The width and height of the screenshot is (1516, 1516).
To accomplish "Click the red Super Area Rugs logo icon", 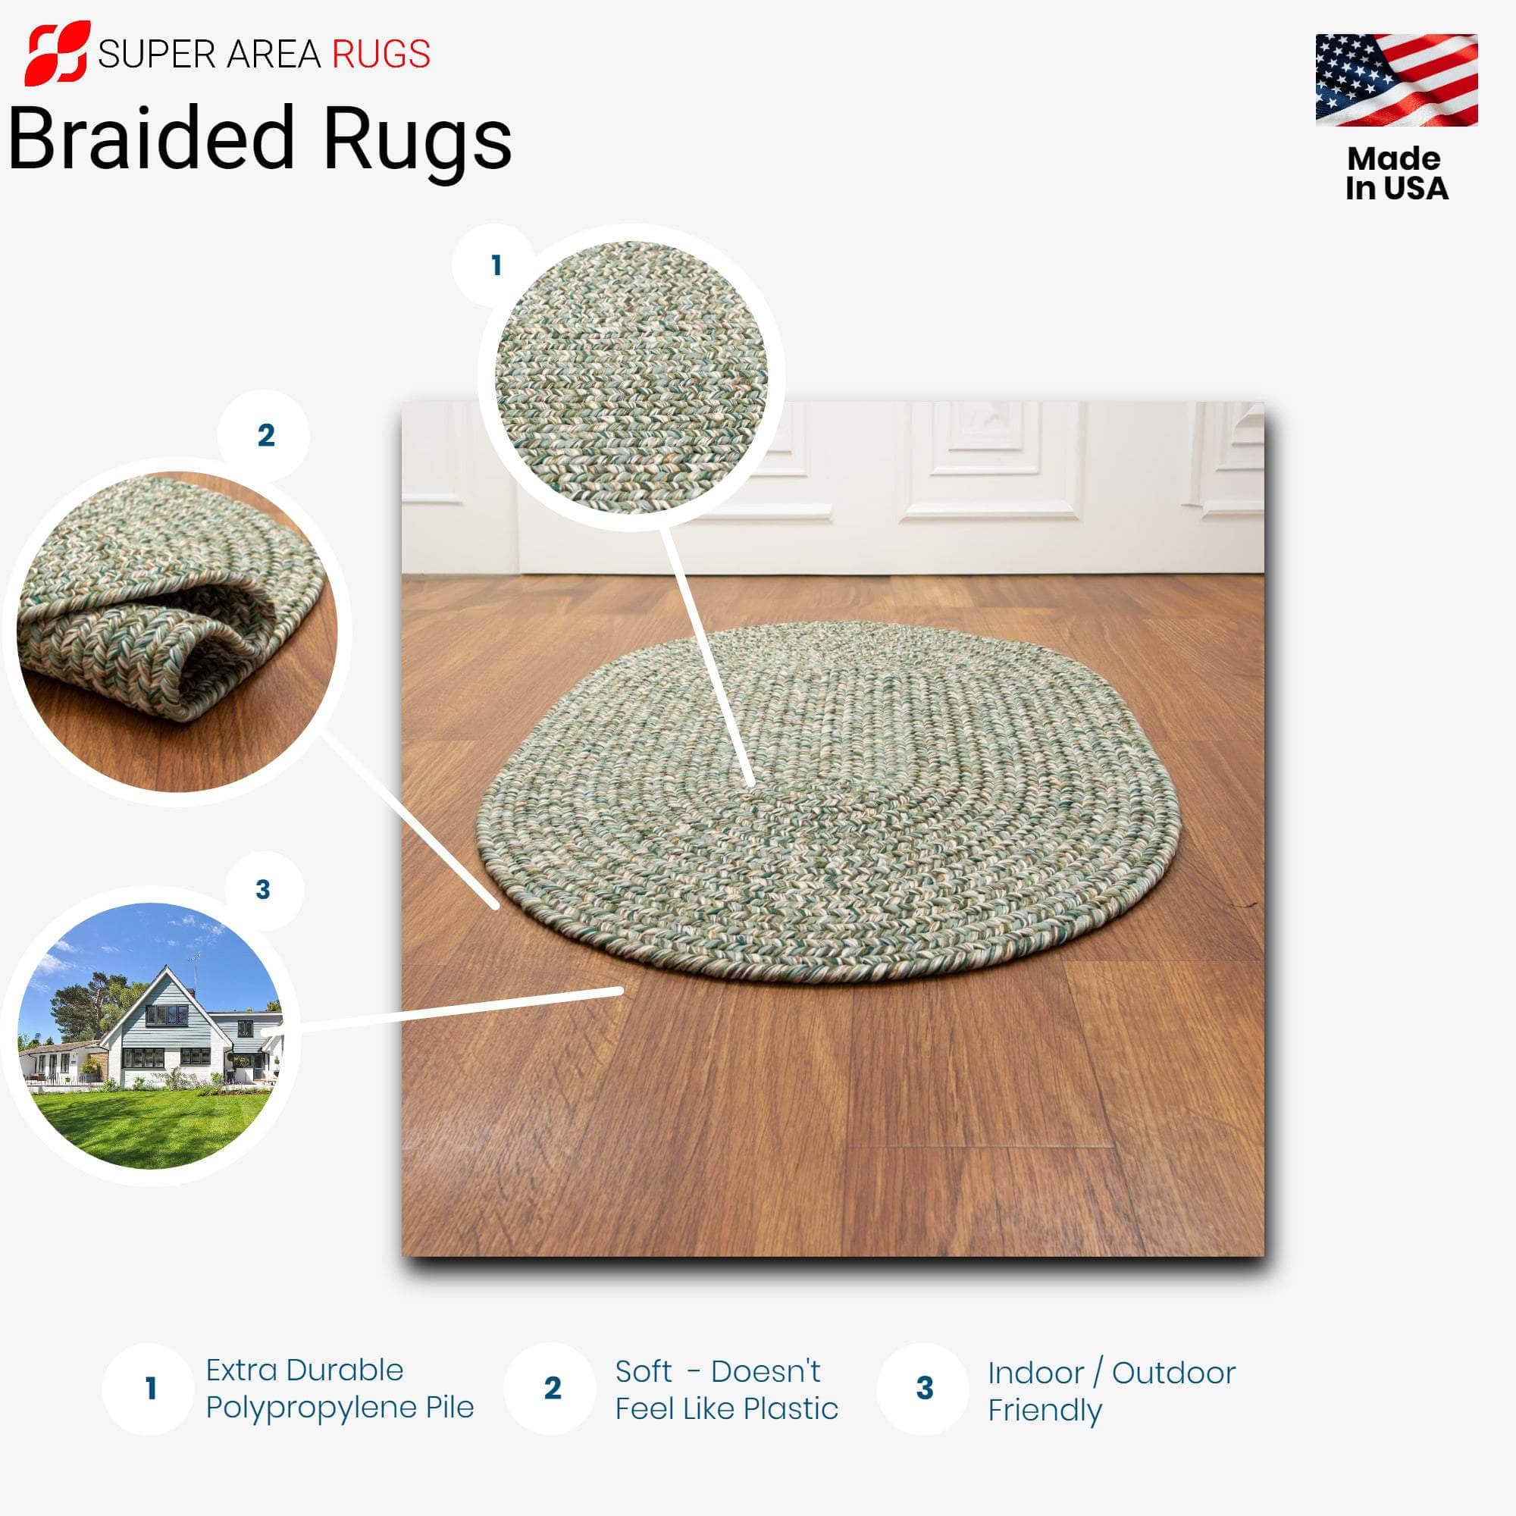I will coord(57,52).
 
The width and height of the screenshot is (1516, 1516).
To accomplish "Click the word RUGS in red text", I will coord(381,54).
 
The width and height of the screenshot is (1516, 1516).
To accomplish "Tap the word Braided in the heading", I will coord(149,139).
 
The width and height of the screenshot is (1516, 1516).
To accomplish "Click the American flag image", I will coord(1396,80).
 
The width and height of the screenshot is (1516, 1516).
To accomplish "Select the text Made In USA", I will coord(1395,174).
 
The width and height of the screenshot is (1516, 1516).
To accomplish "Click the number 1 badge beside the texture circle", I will coord(495,265).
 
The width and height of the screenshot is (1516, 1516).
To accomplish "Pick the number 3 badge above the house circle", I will coord(263,890).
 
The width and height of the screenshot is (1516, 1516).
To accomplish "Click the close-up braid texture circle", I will coord(631,377).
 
